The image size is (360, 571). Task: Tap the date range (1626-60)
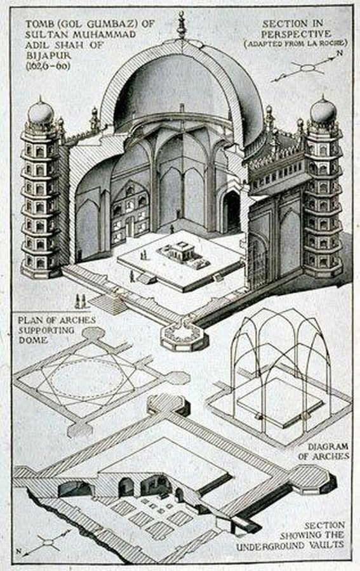tap(48, 67)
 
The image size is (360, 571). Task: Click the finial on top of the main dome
tap(181, 25)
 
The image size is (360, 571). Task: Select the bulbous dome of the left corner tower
tap(41, 112)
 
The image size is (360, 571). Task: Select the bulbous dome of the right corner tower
tap(323, 110)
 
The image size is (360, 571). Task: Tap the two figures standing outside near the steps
tap(81, 301)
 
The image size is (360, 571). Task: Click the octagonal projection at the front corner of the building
tap(184, 335)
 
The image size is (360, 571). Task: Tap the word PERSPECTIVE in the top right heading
tap(297, 34)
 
